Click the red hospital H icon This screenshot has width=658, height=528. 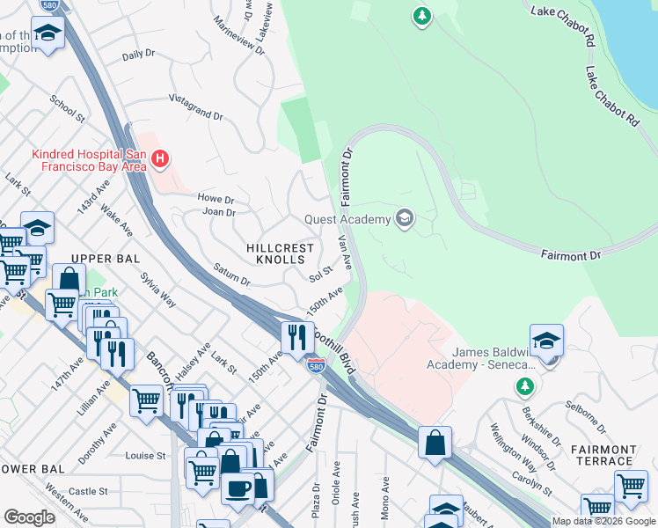click(x=160, y=159)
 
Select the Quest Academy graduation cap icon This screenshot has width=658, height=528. click(x=405, y=219)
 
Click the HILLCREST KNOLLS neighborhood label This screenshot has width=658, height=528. click(x=280, y=254)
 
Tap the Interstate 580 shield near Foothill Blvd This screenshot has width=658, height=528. click(x=316, y=364)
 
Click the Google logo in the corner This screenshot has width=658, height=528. click(x=29, y=517)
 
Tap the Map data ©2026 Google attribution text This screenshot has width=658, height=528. click(x=603, y=522)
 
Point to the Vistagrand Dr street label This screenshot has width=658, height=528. click(x=195, y=108)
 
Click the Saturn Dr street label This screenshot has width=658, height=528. click(x=231, y=276)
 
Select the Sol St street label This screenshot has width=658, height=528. click(x=319, y=275)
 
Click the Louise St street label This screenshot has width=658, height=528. click(x=145, y=456)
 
